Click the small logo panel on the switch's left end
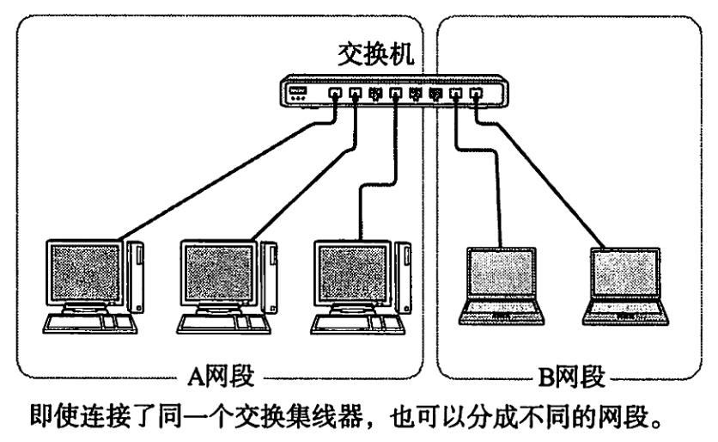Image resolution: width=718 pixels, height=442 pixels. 296,89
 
